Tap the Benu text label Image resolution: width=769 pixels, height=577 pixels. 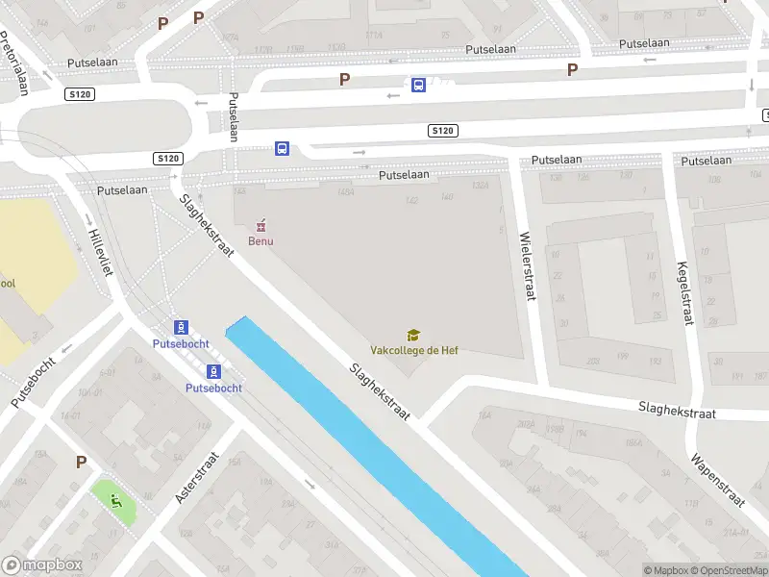point(260,240)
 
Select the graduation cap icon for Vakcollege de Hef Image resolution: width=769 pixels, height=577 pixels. point(413,335)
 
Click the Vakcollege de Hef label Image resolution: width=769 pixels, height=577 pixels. point(414,350)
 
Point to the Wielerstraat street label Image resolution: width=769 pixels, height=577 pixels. point(526,266)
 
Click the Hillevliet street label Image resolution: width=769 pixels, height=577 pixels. point(100,252)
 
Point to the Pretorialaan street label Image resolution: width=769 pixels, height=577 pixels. point(15,63)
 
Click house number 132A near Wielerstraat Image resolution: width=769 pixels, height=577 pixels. point(482,187)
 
